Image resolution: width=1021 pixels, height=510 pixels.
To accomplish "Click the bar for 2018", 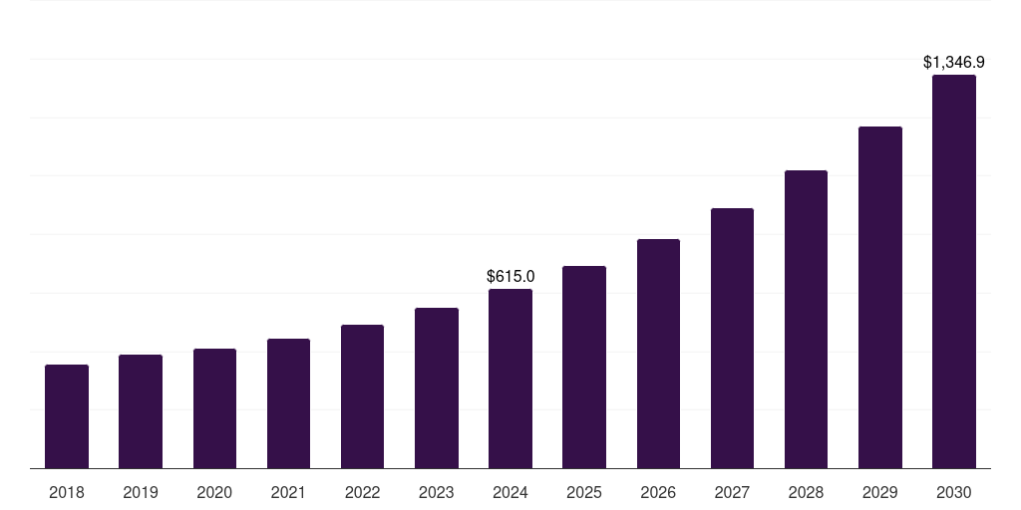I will [67, 416].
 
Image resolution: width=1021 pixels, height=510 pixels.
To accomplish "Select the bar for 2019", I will [141, 411].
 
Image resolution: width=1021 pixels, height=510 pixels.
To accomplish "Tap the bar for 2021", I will [288, 403].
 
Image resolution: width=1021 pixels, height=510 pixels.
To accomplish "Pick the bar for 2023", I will [437, 388].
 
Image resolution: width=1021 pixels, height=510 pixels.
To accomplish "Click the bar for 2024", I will [510, 379].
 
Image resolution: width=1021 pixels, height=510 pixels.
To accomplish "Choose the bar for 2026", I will [658, 354].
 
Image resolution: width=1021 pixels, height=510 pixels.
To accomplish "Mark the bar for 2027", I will [732, 339].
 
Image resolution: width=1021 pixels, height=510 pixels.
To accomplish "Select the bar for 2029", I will [880, 298].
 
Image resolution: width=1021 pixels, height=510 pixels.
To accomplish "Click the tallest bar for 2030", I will [954, 272].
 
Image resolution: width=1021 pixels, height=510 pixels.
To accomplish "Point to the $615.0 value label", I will [510, 276].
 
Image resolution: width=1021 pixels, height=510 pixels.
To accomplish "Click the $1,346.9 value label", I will [954, 63].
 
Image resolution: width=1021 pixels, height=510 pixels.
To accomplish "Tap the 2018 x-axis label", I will [67, 492].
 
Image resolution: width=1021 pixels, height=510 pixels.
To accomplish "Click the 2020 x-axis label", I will [214, 492].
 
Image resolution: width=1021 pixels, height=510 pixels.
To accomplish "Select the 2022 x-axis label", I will [363, 492].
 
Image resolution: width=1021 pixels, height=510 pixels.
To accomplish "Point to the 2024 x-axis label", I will [510, 492].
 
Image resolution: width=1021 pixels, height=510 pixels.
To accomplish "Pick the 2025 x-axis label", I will [584, 492].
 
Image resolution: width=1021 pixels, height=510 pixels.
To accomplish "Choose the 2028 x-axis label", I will [806, 492].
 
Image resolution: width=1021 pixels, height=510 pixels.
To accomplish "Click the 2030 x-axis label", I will [954, 492].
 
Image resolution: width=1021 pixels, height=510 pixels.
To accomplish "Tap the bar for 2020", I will [214, 408].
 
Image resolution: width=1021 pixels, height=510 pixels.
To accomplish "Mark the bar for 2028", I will [806, 320].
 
